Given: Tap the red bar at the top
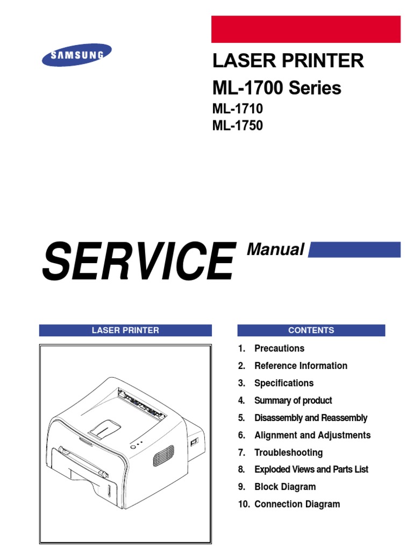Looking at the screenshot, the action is (x=305, y=29).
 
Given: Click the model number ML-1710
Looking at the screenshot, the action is (x=238, y=109).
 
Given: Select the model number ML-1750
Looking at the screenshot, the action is (x=238, y=127).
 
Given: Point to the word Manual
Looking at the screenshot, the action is (x=275, y=250).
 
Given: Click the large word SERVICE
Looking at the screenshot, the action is (x=139, y=261).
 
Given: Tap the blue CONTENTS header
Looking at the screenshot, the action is (x=311, y=330).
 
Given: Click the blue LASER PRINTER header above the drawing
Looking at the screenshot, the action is (x=125, y=330).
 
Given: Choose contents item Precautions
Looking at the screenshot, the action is (x=279, y=348).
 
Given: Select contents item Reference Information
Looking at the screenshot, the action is (x=301, y=366).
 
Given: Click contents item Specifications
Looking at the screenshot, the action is (x=283, y=383).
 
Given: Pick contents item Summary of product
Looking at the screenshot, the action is (x=293, y=400).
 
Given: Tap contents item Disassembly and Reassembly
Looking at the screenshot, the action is (x=311, y=418).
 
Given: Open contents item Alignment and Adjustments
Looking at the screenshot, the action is (x=312, y=435).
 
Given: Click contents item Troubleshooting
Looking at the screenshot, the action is (x=288, y=452).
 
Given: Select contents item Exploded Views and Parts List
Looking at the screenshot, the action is (x=311, y=469).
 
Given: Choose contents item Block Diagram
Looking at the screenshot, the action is (x=285, y=487).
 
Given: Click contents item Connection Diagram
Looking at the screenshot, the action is (x=297, y=504).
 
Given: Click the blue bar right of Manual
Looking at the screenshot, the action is (x=354, y=249).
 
